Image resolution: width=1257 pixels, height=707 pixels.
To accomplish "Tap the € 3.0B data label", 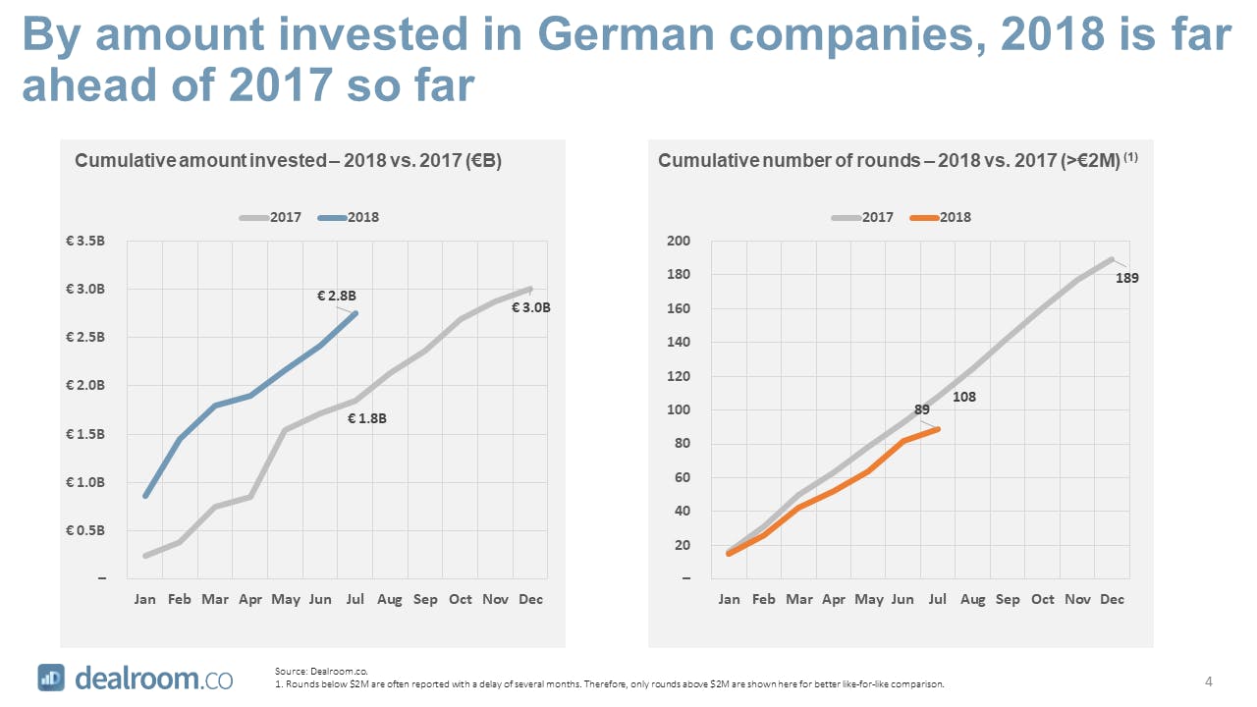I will (531, 307).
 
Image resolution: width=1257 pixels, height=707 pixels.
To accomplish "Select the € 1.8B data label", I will (368, 418).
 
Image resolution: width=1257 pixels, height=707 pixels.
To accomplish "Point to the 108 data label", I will (963, 398).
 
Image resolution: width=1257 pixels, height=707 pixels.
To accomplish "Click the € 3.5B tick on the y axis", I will (87, 241).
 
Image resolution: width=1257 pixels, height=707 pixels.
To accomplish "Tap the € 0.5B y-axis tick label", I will (87, 531).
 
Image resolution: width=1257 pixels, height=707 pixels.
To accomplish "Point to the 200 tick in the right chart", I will (680, 241).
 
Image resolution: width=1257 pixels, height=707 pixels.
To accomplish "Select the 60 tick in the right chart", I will (683, 477).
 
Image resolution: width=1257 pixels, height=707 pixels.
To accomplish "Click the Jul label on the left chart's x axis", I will (355, 599).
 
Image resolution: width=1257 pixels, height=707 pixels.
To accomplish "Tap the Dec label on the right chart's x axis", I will (1113, 599).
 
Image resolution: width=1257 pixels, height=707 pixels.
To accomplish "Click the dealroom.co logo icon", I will (51, 678).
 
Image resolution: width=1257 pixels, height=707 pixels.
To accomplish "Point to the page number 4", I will (1208, 680).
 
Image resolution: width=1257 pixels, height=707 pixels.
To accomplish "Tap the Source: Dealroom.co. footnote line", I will (313, 671).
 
